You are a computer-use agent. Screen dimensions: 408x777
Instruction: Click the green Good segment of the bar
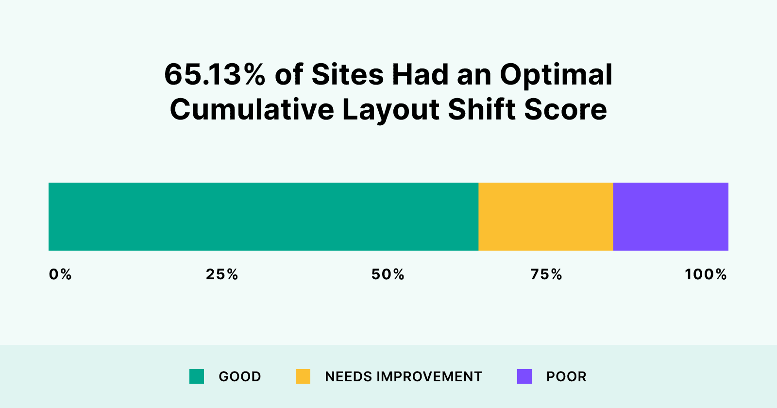click(x=263, y=217)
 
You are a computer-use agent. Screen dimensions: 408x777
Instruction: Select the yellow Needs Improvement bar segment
click(x=546, y=217)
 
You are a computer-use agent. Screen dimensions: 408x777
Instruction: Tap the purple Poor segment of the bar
click(x=671, y=217)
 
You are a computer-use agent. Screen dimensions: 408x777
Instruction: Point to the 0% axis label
click(x=60, y=274)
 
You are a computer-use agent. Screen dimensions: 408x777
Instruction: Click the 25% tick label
click(x=222, y=274)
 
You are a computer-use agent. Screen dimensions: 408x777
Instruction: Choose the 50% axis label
click(x=388, y=274)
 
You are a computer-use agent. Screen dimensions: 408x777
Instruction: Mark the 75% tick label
click(x=546, y=274)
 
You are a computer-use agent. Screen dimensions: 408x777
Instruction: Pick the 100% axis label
click(x=706, y=274)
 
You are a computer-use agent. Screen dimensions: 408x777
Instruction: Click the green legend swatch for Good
click(x=197, y=376)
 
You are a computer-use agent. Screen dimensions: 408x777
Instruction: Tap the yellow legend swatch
click(x=303, y=376)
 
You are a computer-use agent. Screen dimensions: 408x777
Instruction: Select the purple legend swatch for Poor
click(x=524, y=376)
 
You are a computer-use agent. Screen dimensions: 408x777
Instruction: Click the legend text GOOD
click(x=240, y=376)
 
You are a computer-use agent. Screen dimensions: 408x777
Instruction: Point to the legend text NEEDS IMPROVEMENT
click(x=404, y=376)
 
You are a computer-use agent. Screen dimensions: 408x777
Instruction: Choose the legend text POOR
click(x=566, y=376)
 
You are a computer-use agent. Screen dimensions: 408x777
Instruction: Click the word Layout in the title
click(x=391, y=110)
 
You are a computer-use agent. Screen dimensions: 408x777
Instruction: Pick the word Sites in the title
click(x=347, y=75)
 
